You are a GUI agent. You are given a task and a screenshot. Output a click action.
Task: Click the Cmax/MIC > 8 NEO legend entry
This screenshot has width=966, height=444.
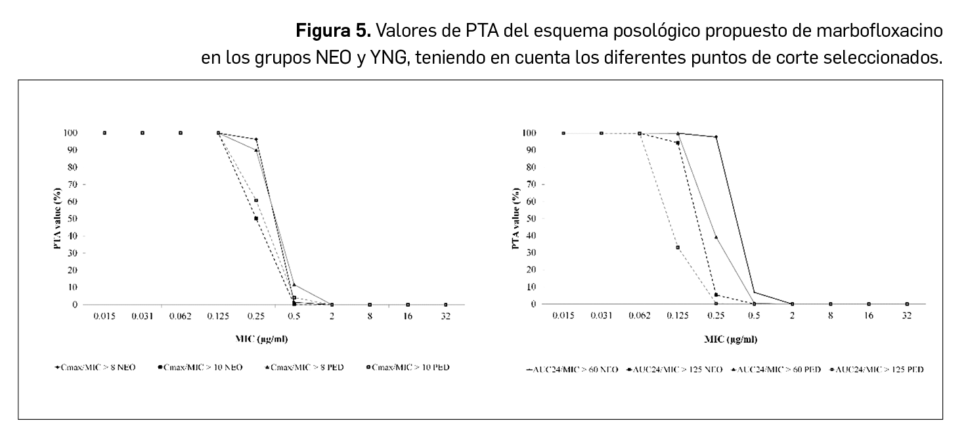[x=99, y=367]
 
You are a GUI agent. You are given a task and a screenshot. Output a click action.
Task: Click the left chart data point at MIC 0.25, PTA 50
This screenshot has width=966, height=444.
[x=256, y=218]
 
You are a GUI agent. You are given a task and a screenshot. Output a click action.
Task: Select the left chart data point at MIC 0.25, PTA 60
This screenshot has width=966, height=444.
[x=256, y=200]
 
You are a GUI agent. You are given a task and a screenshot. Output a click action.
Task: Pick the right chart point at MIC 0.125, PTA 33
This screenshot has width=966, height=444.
[x=678, y=247]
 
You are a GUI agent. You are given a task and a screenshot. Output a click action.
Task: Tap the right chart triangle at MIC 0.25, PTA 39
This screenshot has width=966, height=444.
[x=716, y=237]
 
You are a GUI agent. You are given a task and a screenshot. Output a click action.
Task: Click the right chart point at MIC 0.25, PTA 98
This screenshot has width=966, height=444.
[x=716, y=137]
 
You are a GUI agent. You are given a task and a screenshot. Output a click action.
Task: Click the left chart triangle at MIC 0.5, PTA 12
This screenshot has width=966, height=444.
[x=294, y=284]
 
